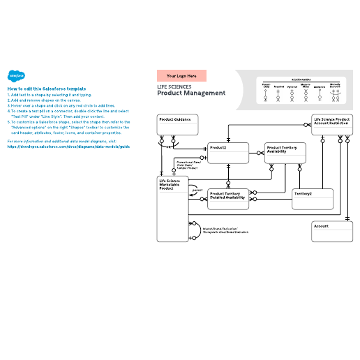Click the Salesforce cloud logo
(x=13, y=77)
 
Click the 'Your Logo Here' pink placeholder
(x=181, y=75)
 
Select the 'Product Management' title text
(x=190, y=93)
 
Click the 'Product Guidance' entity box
(x=179, y=125)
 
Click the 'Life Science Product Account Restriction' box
(x=331, y=125)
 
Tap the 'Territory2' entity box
(x=313, y=197)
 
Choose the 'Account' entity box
(x=331, y=231)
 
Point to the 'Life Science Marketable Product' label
(x=170, y=184)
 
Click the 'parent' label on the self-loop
(x=197, y=189)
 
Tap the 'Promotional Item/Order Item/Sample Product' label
(x=187, y=165)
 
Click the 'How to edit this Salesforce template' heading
(x=46, y=89)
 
